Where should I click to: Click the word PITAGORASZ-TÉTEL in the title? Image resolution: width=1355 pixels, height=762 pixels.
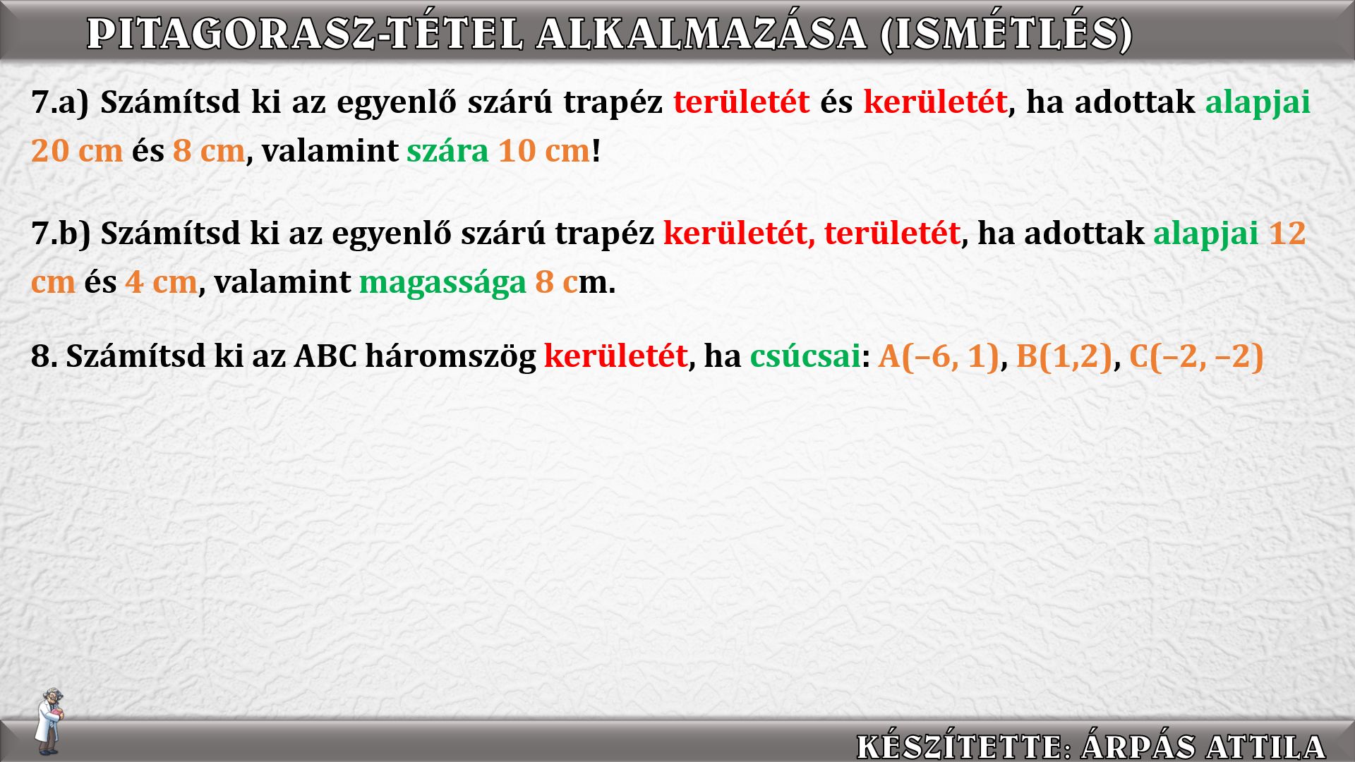(306, 33)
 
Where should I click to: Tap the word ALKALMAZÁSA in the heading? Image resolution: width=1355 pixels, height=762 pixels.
(701, 33)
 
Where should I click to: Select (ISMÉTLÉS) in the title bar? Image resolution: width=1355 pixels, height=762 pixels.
(1006, 34)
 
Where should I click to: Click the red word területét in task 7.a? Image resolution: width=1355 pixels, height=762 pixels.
(741, 102)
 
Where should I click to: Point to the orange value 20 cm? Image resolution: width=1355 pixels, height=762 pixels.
(77, 150)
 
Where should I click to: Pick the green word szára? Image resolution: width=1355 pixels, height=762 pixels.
(447, 151)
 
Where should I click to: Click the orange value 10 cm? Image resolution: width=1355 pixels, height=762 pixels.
(544, 150)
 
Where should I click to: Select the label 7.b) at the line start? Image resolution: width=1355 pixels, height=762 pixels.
(61, 234)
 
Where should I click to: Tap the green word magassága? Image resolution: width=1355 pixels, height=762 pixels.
(442, 283)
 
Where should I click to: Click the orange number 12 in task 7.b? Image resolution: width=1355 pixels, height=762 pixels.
(1287, 233)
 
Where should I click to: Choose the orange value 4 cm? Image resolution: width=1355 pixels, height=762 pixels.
(161, 282)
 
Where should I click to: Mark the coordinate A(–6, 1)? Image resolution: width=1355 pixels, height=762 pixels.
(939, 356)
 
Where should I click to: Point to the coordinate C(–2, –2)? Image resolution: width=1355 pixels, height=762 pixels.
(1196, 356)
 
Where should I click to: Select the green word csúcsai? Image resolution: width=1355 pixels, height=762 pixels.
(805, 356)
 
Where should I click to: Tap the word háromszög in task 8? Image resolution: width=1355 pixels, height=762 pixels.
(450, 356)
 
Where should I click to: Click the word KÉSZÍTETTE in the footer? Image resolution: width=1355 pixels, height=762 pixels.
(959, 746)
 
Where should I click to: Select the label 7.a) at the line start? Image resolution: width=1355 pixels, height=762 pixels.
(60, 102)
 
